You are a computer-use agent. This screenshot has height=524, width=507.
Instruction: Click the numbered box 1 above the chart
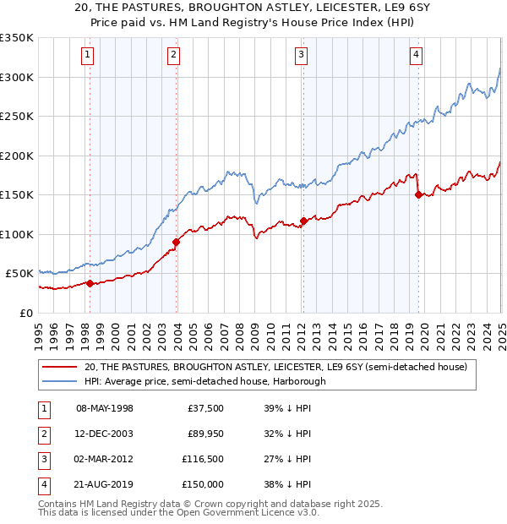click(89, 56)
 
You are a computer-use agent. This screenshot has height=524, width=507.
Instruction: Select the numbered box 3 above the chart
click(302, 56)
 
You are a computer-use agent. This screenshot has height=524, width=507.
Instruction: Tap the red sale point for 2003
click(177, 243)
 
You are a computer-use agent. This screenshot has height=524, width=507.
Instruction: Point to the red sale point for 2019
click(418, 194)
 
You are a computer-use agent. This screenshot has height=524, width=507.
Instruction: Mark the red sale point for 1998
click(90, 283)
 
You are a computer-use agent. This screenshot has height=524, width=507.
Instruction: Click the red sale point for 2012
click(303, 221)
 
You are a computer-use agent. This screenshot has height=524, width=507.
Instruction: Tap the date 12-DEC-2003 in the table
click(105, 434)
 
